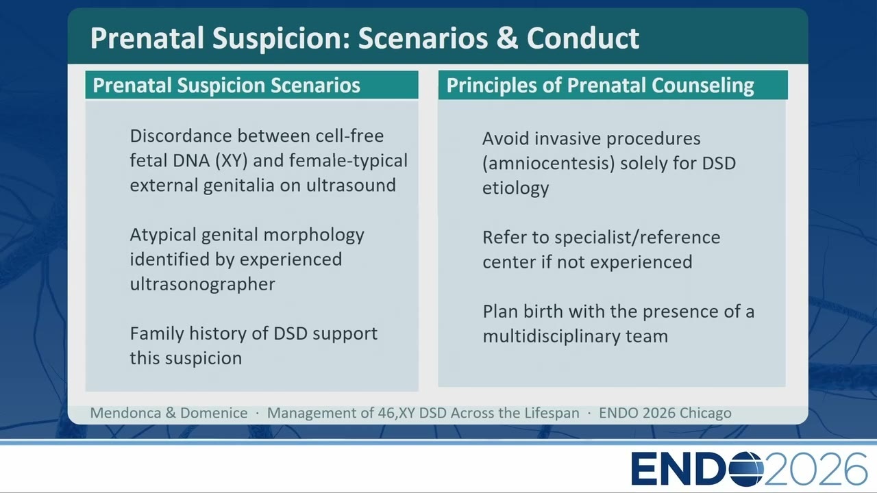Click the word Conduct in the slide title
tap(582, 38)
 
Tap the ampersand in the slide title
tap(507, 38)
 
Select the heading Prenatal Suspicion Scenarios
tap(226, 86)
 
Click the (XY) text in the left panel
tap(232, 161)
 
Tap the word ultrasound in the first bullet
tap(351, 185)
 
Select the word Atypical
tap(163, 236)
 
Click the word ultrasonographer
tap(202, 284)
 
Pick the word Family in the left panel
tap(157, 334)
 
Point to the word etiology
tap(516, 188)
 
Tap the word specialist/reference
tap(637, 238)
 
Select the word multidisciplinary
tap(551, 336)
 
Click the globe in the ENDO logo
tap(746, 469)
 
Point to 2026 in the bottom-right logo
tap(815, 469)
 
